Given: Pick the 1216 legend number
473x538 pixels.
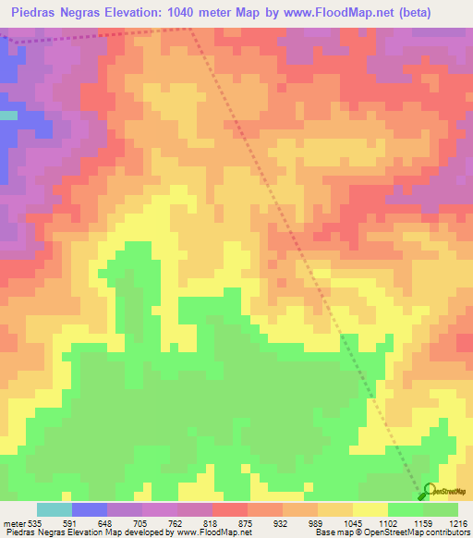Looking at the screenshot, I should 458,522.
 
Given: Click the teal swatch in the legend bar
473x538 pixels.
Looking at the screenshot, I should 55,509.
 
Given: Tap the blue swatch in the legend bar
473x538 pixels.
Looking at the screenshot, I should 90,509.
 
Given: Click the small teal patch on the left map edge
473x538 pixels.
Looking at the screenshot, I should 8,116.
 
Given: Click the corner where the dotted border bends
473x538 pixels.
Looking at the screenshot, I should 191,29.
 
